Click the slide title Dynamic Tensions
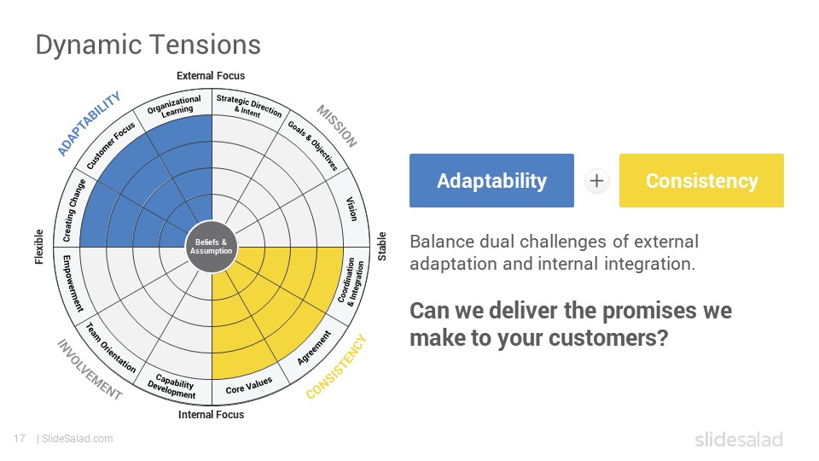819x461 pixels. (x=148, y=45)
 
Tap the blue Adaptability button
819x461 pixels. (x=491, y=180)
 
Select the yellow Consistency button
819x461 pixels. (x=701, y=180)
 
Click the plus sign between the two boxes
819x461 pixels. (x=596, y=181)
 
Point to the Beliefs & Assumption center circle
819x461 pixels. (x=211, y=247)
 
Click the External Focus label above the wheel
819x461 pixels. (x=211, y=76)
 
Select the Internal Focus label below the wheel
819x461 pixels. (x=211, y=415)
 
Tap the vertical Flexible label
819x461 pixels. (x=39, y=247)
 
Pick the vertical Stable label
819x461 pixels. (x=382, y=247)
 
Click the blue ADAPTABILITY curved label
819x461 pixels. (x=88, y=123)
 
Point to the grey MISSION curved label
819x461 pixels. (x=338, y=126)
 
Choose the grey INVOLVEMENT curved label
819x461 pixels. (x=90, y=370)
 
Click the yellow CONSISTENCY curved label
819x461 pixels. (x=336, y=367)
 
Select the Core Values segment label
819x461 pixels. (x=248, y=386)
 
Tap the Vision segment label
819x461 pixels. (x=352, y=208)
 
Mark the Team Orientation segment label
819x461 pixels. (x=110, y=347)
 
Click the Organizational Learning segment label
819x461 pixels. (x=175, y=106)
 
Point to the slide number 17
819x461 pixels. (x=20, y=439)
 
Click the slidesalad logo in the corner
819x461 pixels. (x=739, y=439)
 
